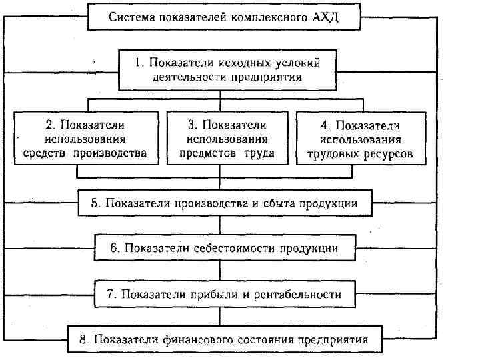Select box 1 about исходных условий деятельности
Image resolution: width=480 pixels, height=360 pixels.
pyautogui.click(x=227, y=70)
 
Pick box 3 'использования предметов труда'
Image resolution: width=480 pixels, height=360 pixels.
pyautogui.click(x=227, y=139)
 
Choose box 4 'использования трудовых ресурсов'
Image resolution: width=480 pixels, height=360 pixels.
pyautogui.click(x=360, y=139)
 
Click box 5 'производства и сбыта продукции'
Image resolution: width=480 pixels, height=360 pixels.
pyautogui.click(x=225, y=203)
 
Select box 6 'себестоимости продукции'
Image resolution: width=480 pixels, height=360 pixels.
pyautogui.click(x=224, y=249)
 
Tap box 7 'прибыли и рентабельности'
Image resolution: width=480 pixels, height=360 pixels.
pyautogui.click(x=225, y=294)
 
